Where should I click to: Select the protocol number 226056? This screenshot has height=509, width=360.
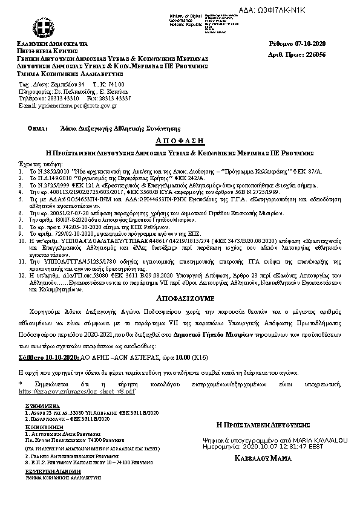[313, 54]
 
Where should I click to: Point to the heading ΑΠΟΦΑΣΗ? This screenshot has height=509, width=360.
[179, 139]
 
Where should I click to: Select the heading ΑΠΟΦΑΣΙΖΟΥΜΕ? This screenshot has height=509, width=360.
[179, 315]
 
